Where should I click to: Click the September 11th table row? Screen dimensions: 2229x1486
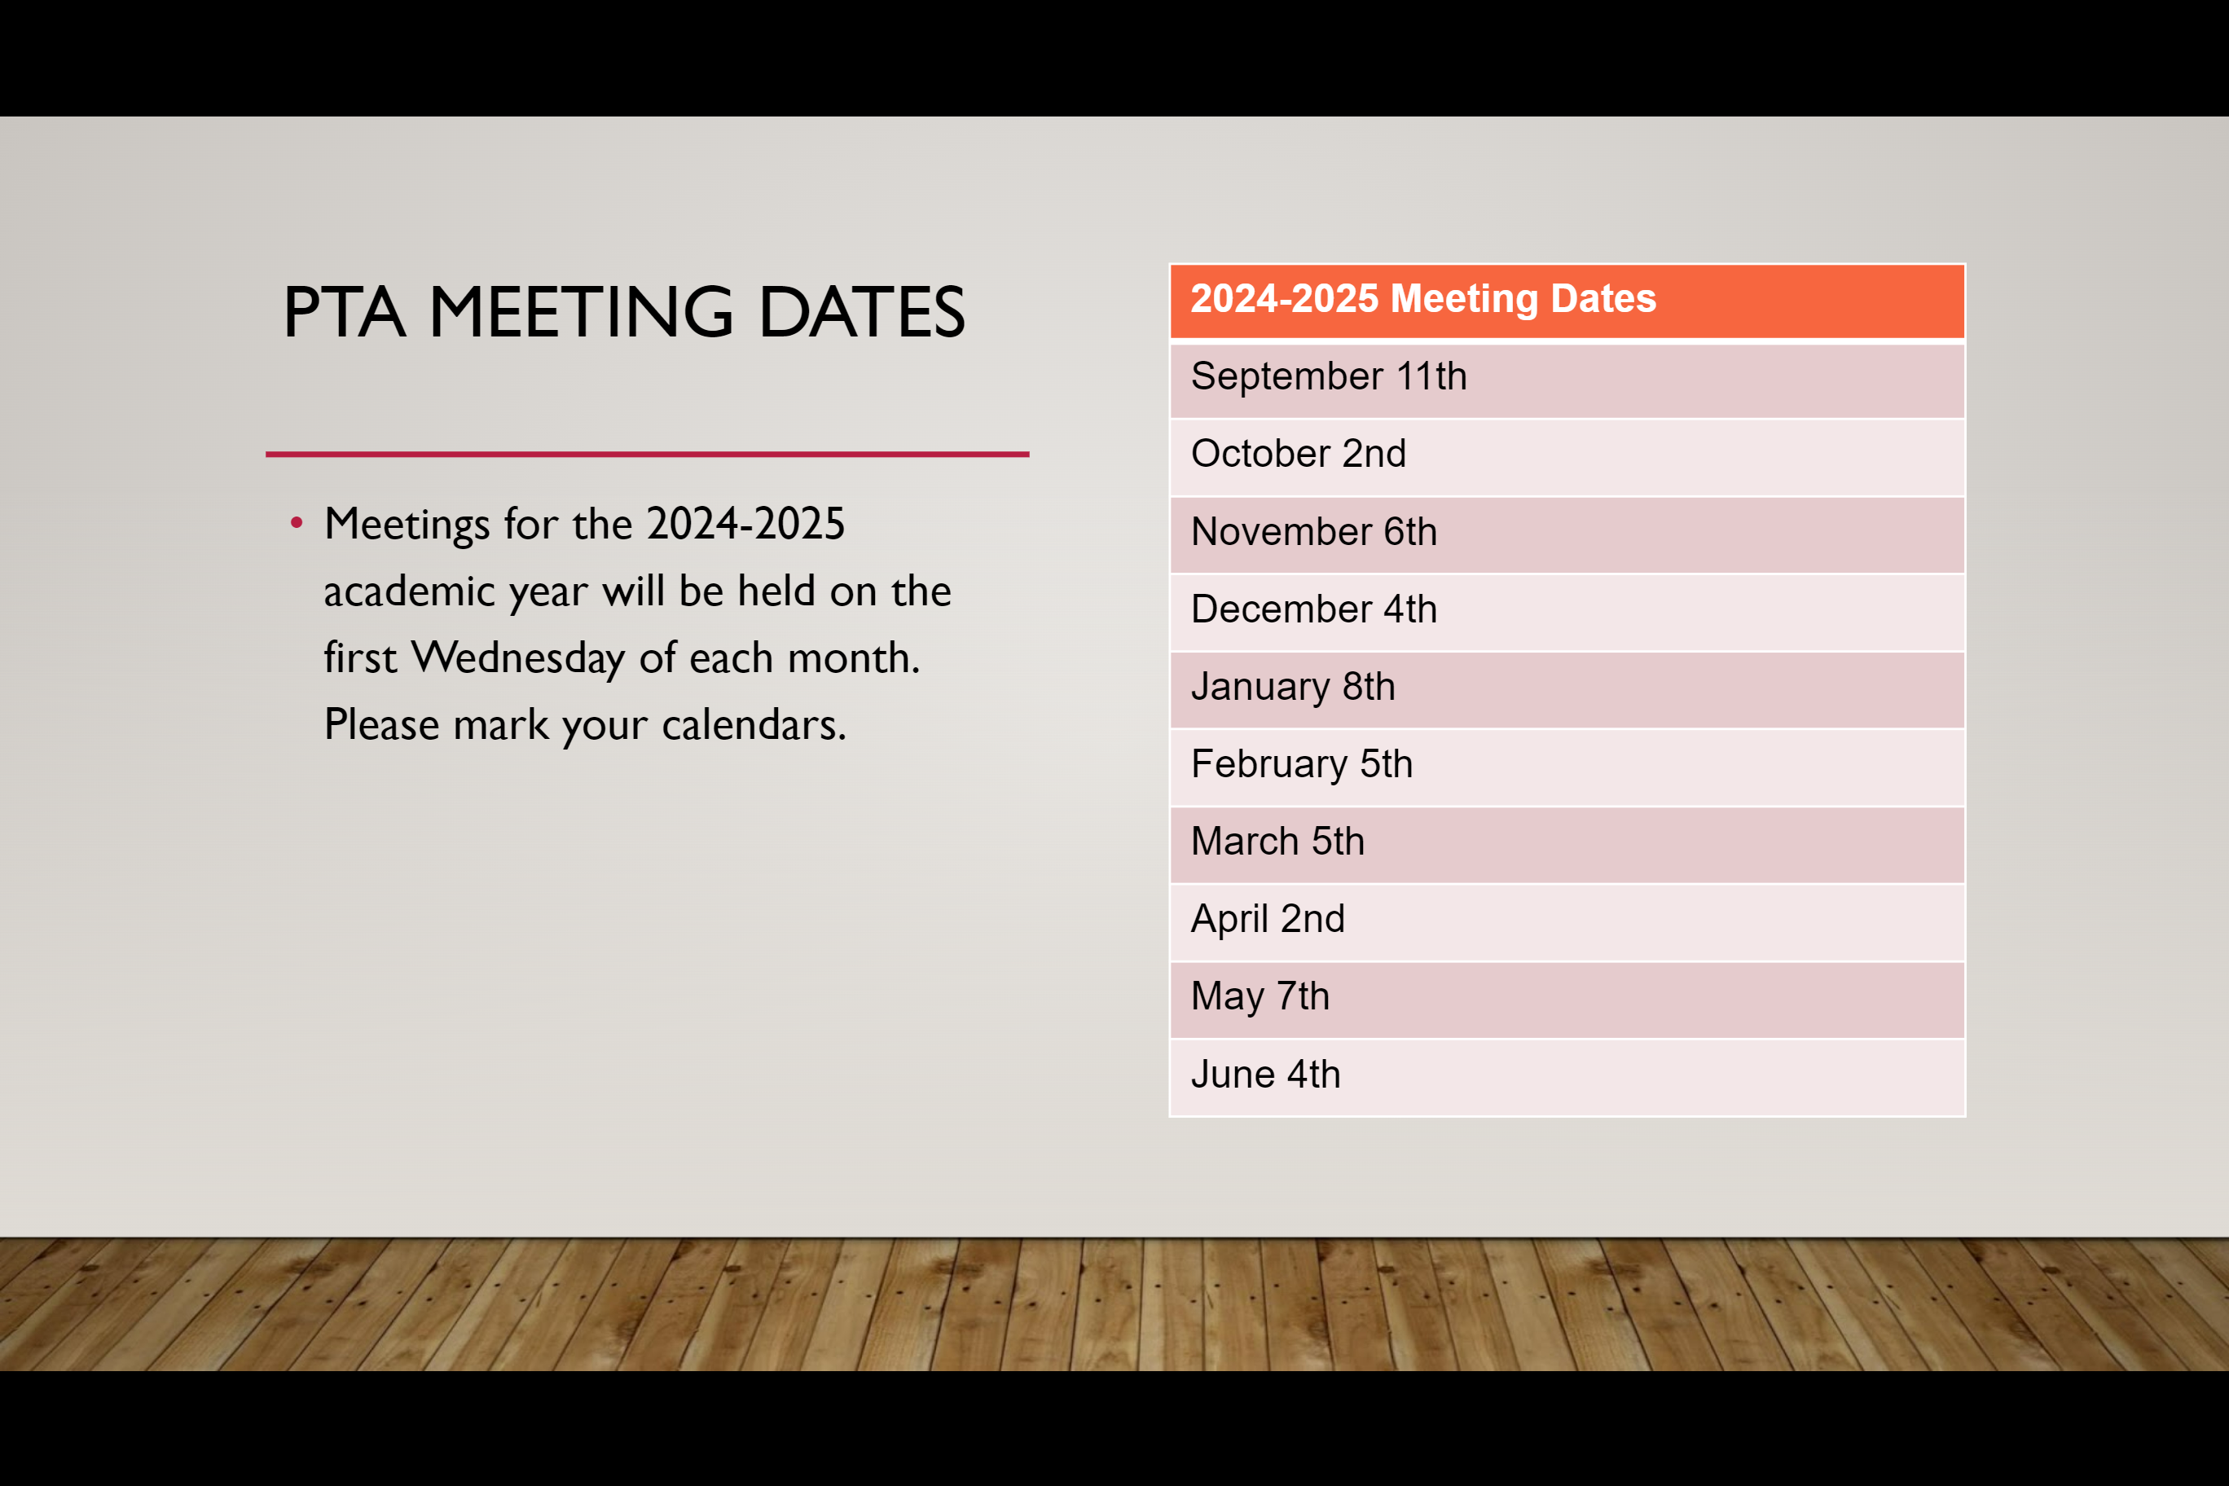[1567, 379]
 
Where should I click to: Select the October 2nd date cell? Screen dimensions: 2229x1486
[1567, 457]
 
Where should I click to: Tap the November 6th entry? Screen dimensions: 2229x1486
[1567, 534]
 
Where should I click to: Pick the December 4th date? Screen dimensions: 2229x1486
[1567, 612]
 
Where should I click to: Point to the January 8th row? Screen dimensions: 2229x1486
[1567, 690]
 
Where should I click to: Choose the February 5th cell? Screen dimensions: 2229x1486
[1567, 767]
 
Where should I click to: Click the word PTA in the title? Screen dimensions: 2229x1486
[345, 312]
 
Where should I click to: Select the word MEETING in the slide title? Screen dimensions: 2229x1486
[581, 312]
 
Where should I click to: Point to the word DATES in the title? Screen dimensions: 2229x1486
[861, 312]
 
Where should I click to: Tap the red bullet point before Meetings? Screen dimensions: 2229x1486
[297, 522]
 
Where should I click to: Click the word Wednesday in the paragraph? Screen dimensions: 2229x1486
[518, 657]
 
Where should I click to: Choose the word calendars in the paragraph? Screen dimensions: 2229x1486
[754, 725]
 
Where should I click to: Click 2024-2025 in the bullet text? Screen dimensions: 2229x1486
[745, 524]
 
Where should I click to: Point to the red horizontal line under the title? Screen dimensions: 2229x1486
[648, 454]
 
